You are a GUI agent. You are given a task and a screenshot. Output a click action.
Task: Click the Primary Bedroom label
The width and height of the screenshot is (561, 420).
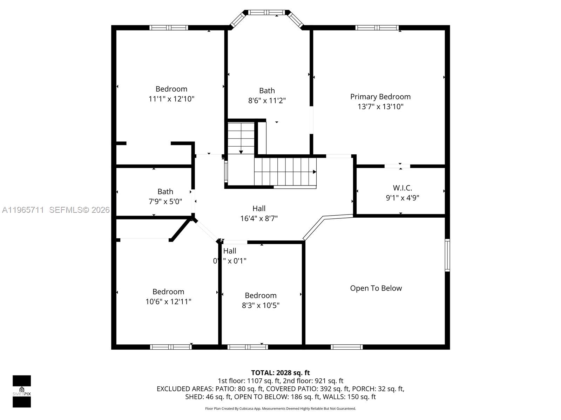(380, 97)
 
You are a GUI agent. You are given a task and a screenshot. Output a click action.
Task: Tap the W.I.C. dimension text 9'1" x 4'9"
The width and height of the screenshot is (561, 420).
(402, 198)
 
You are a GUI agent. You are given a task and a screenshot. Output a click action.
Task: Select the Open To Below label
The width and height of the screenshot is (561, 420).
(376, 288)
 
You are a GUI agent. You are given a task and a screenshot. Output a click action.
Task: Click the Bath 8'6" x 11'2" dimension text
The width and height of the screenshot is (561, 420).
(267, 101)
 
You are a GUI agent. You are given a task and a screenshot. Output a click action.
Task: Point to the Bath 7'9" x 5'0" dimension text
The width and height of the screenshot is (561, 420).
(165, 202)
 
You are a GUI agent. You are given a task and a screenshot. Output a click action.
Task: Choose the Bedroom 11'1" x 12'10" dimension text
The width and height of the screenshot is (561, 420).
(171, 99)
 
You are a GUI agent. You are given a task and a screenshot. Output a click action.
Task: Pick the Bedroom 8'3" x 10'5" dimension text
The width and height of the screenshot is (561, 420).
(261, 306)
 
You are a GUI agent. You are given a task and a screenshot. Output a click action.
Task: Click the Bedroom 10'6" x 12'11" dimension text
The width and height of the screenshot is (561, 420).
(168, 302)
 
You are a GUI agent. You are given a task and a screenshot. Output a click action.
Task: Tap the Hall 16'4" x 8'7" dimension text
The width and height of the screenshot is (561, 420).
(259, 219)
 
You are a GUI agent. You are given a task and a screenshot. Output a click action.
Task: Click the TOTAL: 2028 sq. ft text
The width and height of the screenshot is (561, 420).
(280, 373)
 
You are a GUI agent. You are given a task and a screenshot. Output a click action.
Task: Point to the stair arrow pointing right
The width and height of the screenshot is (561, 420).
(315, 172)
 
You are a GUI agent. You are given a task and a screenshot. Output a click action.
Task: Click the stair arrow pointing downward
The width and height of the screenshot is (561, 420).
(241, 152)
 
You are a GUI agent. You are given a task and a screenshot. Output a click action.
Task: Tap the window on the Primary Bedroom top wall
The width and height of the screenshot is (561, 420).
(377, 28)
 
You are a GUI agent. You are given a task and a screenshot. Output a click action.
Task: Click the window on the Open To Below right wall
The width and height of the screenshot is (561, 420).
(447, 255)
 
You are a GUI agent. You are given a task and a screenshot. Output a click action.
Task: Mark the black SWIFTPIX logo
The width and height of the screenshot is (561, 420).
(22, 391)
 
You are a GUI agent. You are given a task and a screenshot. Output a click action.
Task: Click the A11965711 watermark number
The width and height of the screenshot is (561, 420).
(23, 210)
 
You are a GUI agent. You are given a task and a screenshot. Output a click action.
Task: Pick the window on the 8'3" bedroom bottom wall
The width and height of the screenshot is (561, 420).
(248, 347)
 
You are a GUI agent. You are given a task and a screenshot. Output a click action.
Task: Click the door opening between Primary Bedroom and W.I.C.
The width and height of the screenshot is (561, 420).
(397, 166)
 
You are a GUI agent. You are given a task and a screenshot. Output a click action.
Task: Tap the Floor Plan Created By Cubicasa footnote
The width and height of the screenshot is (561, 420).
(280, 408)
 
